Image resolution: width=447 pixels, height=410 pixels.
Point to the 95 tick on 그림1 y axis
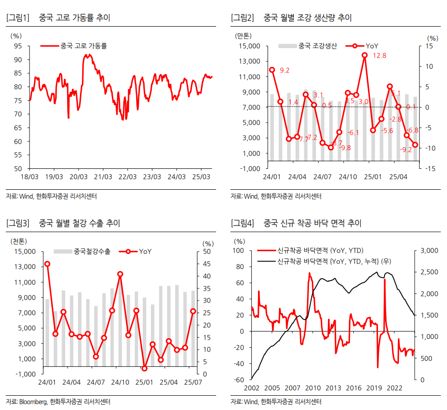[x=18, y=46]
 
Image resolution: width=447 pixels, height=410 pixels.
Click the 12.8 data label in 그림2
[x=379, y=56]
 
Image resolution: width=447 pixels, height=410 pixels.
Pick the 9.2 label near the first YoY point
[x=285, y=70]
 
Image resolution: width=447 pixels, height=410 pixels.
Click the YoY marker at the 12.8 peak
[x=365, y=55]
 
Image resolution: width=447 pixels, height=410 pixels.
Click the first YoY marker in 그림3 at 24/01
[x=47, y=264]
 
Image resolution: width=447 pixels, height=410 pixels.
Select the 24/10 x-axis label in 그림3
[x=120, y=382]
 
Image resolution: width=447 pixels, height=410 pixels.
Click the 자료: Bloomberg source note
[x=58, y=401]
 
